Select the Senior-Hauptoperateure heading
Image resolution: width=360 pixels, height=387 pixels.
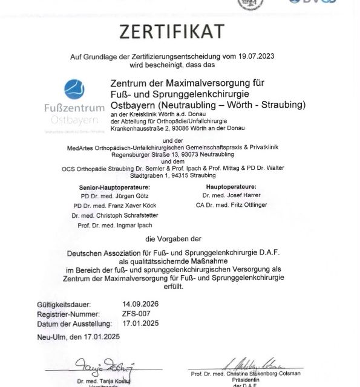click(x=114, y=187)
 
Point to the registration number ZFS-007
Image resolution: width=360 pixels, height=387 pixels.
click(x=136, y=314)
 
